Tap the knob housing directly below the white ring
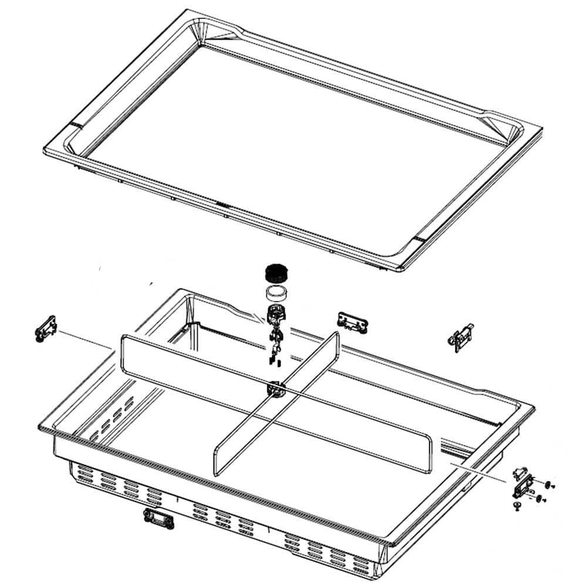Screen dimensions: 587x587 (x=274, y=313)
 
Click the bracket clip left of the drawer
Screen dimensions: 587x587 (x=46, y=329)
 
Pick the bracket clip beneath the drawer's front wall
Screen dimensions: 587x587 (x=158, y=518)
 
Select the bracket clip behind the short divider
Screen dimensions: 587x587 (x=352, y=320)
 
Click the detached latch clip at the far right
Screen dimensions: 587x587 (x=461, y=338)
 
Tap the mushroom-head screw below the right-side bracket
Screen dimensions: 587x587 (x=517, y=505)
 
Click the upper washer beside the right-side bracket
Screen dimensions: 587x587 (x=548, y=484)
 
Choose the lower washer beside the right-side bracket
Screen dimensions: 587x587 (x=538, y=498)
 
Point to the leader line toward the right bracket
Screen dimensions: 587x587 (x=478, y=472)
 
